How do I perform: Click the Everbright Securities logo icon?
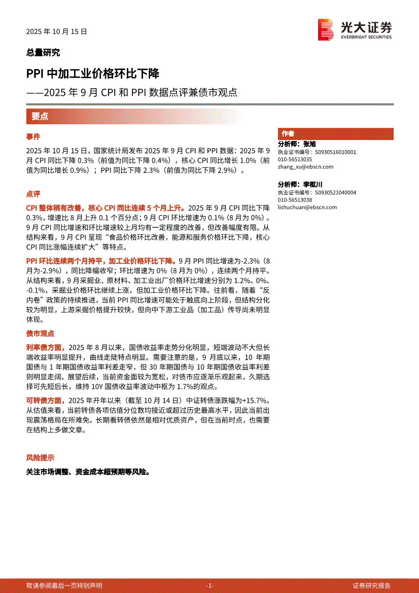pos(325,30)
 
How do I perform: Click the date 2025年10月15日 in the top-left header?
pos(57,31)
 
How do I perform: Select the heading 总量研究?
pos(43,52)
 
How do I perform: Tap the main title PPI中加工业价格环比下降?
pos(93,74)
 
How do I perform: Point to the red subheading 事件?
pos(33,137)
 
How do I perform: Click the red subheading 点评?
pos(33,194)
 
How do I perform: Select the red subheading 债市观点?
pos(40,334)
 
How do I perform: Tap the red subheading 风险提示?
pos(40,458)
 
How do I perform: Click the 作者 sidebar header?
pos(288,134)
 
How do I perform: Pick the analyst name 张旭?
pos(309,145)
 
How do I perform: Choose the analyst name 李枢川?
pos(313,185)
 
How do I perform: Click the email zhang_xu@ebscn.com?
pos(305,167)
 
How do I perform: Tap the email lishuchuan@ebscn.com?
pos(307,207)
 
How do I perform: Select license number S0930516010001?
pos(335,152)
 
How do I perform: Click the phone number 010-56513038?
pos(295,200)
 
